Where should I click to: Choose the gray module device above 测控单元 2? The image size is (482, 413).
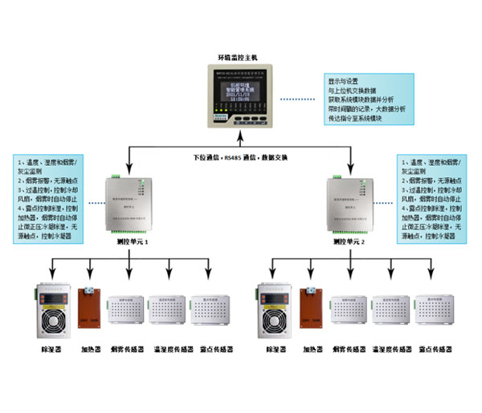[352, 203]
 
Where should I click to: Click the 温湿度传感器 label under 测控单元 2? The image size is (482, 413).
[390, 350]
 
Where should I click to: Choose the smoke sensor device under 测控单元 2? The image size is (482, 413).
[347, 310]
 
